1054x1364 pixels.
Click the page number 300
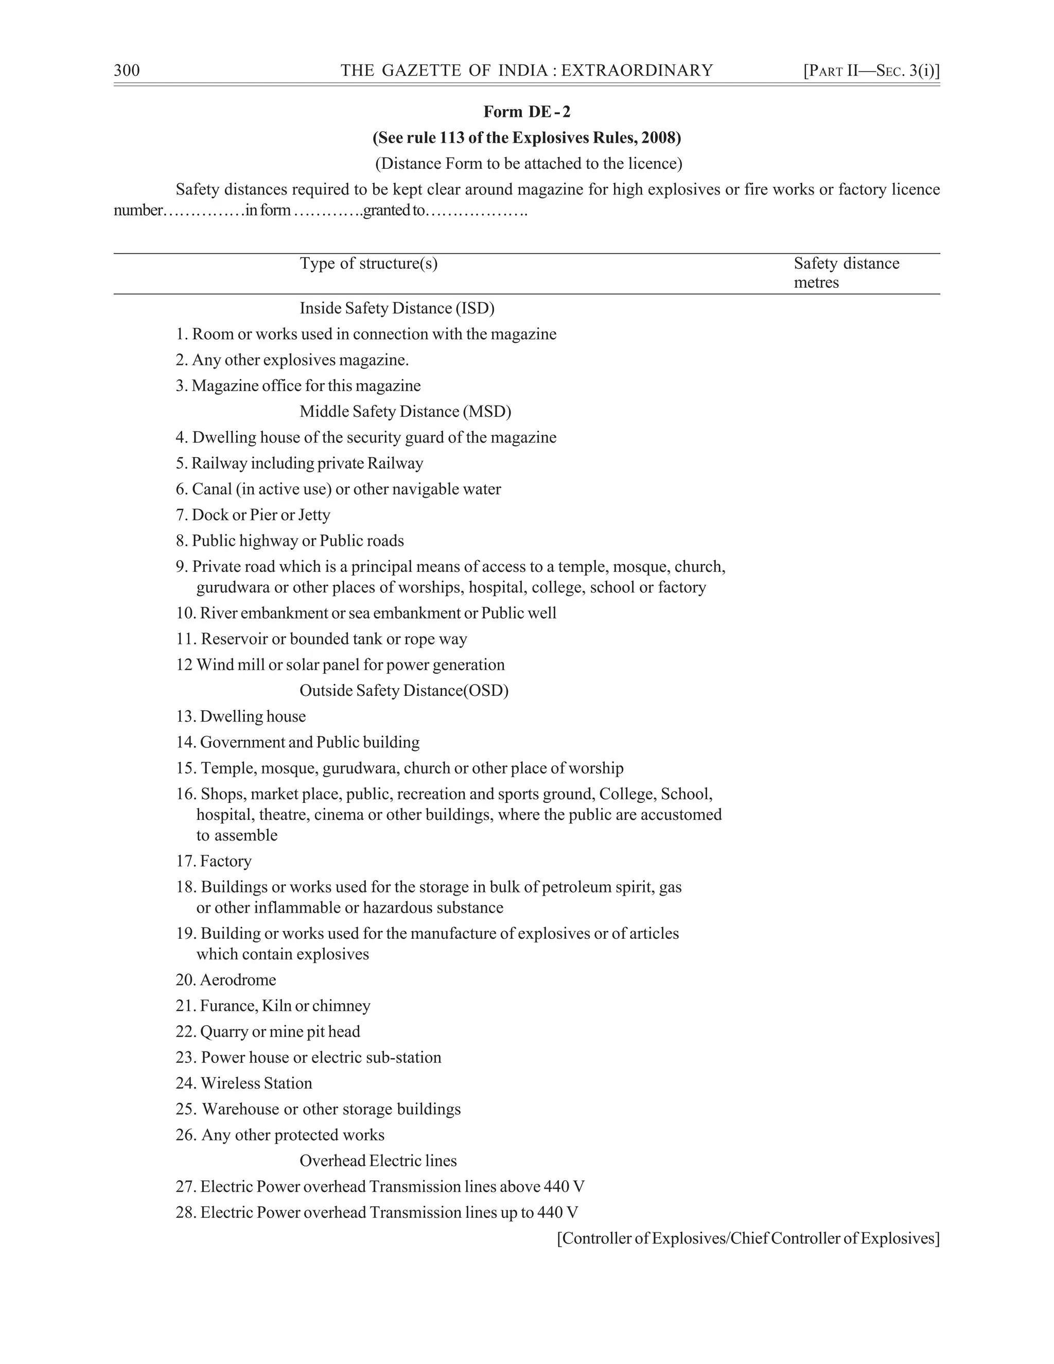pos(127,71)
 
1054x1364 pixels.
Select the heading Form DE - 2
pos(526,112)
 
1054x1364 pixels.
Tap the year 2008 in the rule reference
pos(658,137)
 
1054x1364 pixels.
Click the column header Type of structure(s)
pos(368,264)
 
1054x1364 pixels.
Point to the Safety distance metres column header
pos(846,273)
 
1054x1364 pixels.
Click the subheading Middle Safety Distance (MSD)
pos(405,412)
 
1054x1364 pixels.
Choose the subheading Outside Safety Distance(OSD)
pos(404,690)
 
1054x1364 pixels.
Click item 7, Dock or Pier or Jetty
pos(253,515)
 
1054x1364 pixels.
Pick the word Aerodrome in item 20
pos(238,980)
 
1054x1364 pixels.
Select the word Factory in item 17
pos(225,861)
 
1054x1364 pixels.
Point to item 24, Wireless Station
pos(243,1083)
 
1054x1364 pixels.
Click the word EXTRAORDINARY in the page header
pos(637,71)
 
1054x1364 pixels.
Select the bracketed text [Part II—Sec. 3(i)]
pos(871,71)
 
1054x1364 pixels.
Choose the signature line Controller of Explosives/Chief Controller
pos(748,1238)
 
